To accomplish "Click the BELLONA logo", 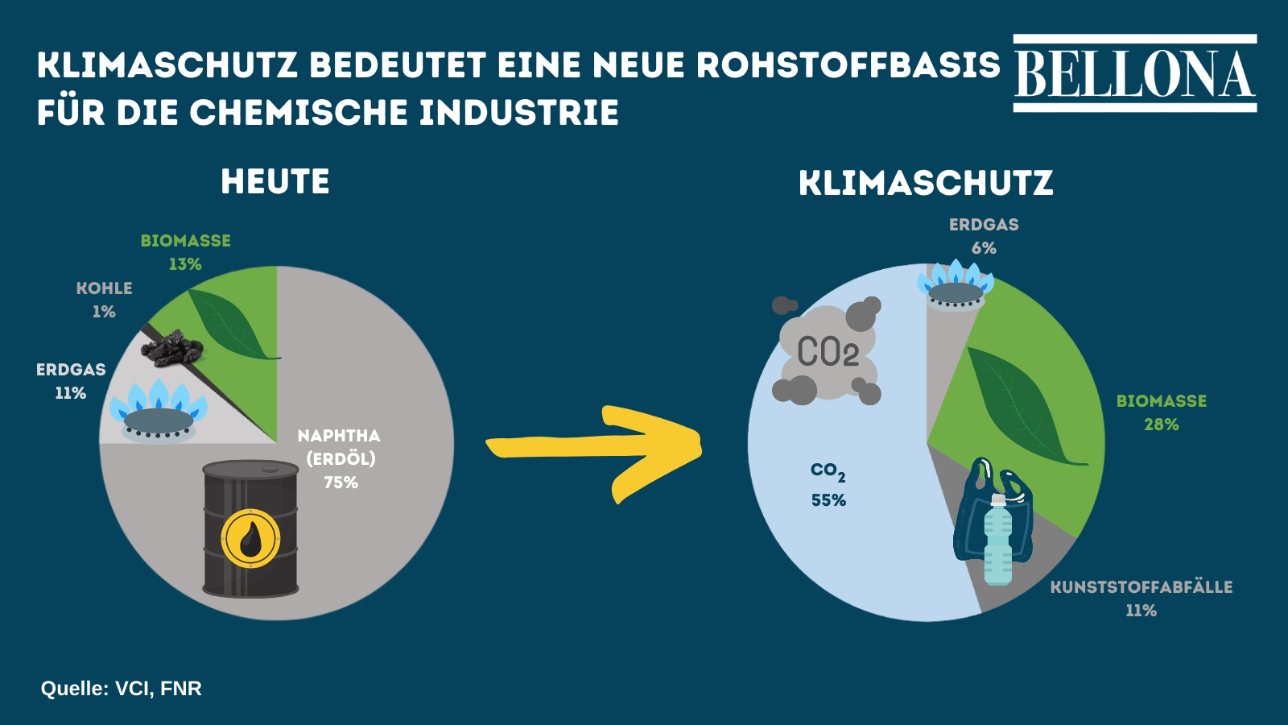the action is click(1134, 73).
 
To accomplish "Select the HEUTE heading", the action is click(275, 182).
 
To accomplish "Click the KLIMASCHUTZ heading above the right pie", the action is click(926, 183).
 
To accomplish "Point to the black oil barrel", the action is click(250, 528).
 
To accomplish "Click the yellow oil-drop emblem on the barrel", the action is click(250, 539).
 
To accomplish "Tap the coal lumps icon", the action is click(172, 347).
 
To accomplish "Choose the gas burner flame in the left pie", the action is click(158, 411).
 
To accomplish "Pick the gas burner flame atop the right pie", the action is click(956, 285).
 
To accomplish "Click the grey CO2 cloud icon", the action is click(827, 350).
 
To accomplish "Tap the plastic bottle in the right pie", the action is click(997, 539).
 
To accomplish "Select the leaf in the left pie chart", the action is click(233, 324).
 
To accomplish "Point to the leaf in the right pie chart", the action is click(1023, 406).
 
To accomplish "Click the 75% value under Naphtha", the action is click(341, 483).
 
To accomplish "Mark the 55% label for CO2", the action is click(828, 500).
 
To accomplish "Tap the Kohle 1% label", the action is click(104, 300).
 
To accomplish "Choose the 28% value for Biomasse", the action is click(1162, 425).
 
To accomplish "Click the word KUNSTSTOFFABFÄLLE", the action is click(1141, 587).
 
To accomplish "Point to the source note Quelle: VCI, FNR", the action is click(122, 689).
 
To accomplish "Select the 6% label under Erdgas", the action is click(984, 248).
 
